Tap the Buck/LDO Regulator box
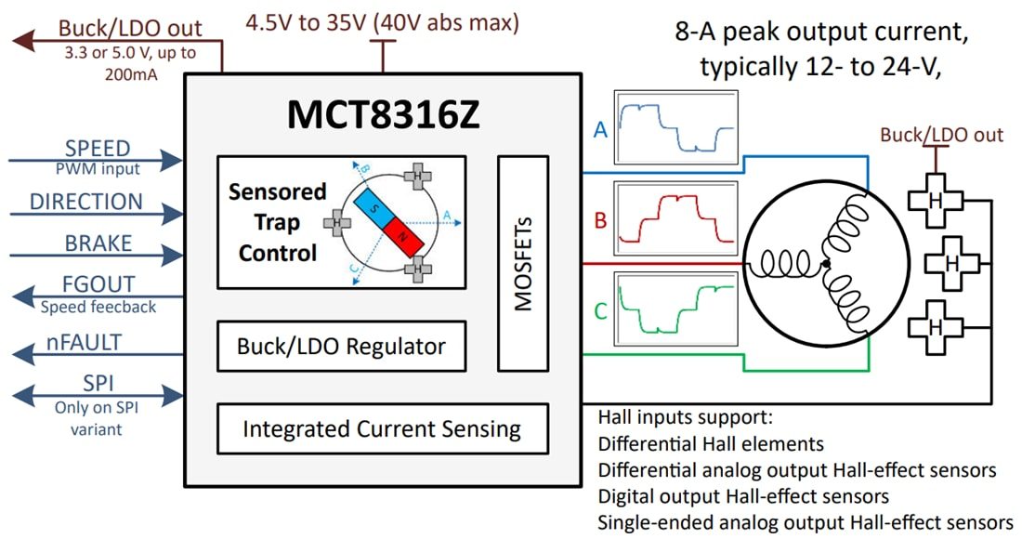point(341,347)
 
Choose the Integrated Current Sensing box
point(382,428)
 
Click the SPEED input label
point(98,150)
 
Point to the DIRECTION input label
point(86,202)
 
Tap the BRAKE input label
point(98,243)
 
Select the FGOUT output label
point(98,284)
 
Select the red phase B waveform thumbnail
point(675,218)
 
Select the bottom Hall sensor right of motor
point(934,326)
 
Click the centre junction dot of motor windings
point(826,266)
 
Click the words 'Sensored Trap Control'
point(277,222)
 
